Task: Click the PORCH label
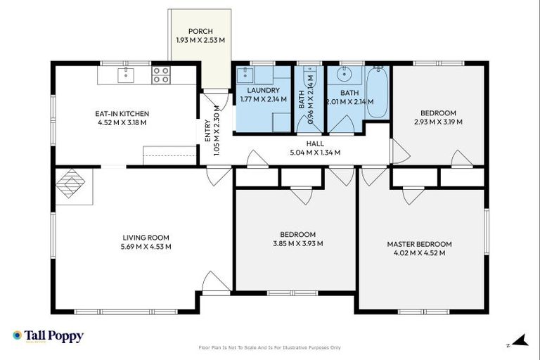pyautogui.click(x=200, y=31)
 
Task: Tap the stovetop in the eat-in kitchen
pyautogui.click(x=161, y=75)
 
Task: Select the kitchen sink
pyautogui.click(x=127, y=75)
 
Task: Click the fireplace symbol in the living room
pyautogui.click(x=70, y=184)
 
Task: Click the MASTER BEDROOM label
pyautogui.click(x=419, y=244)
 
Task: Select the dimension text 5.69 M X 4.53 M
pyautogui.click(x=146, y=247)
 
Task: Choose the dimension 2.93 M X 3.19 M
pyautogui.click(x=438, y=122)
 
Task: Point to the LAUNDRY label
pyautogui.click(x=264, y=90)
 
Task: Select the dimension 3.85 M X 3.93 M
pyautogui.click(x=297, y=243)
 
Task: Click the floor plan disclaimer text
pyautogui.click(x=270, y=347)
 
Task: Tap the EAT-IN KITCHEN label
pyautogui.click(x=122, y=113)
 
